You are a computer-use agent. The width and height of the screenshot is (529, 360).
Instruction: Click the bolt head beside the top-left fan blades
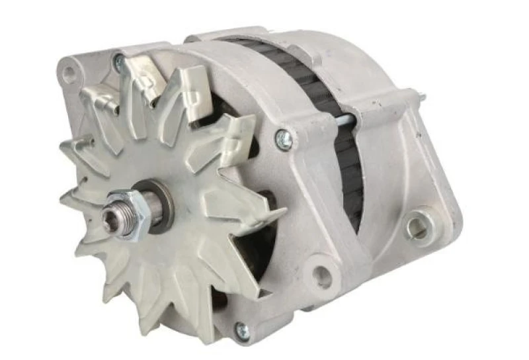tap(120, 63)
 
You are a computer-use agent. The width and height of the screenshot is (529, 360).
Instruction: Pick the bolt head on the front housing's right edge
tap(283, 138)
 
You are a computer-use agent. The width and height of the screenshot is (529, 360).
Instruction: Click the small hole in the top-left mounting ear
tap(69, 73)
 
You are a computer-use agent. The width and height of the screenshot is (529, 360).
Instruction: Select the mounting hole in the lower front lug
tap(322, 277)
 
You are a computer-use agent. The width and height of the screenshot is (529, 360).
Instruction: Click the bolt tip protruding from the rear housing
tap(420, 97)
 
